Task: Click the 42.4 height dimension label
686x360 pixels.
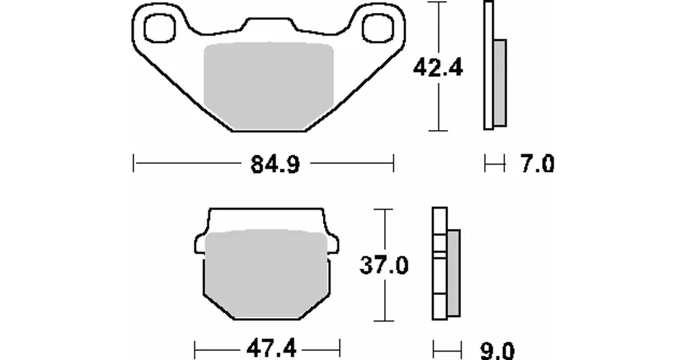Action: coord(438,68)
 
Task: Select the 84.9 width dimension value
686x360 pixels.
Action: coord(275,165)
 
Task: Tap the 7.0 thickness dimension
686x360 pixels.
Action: coord(537,164)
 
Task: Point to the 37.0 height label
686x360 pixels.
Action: coord(384,265)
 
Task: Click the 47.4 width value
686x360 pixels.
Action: coord(272,350)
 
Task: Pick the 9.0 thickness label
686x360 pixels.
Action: coord(497,351)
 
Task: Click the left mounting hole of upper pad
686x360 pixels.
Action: coord(159,28)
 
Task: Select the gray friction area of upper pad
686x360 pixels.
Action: coord(269,86)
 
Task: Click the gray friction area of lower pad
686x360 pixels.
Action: coord(266,274)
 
